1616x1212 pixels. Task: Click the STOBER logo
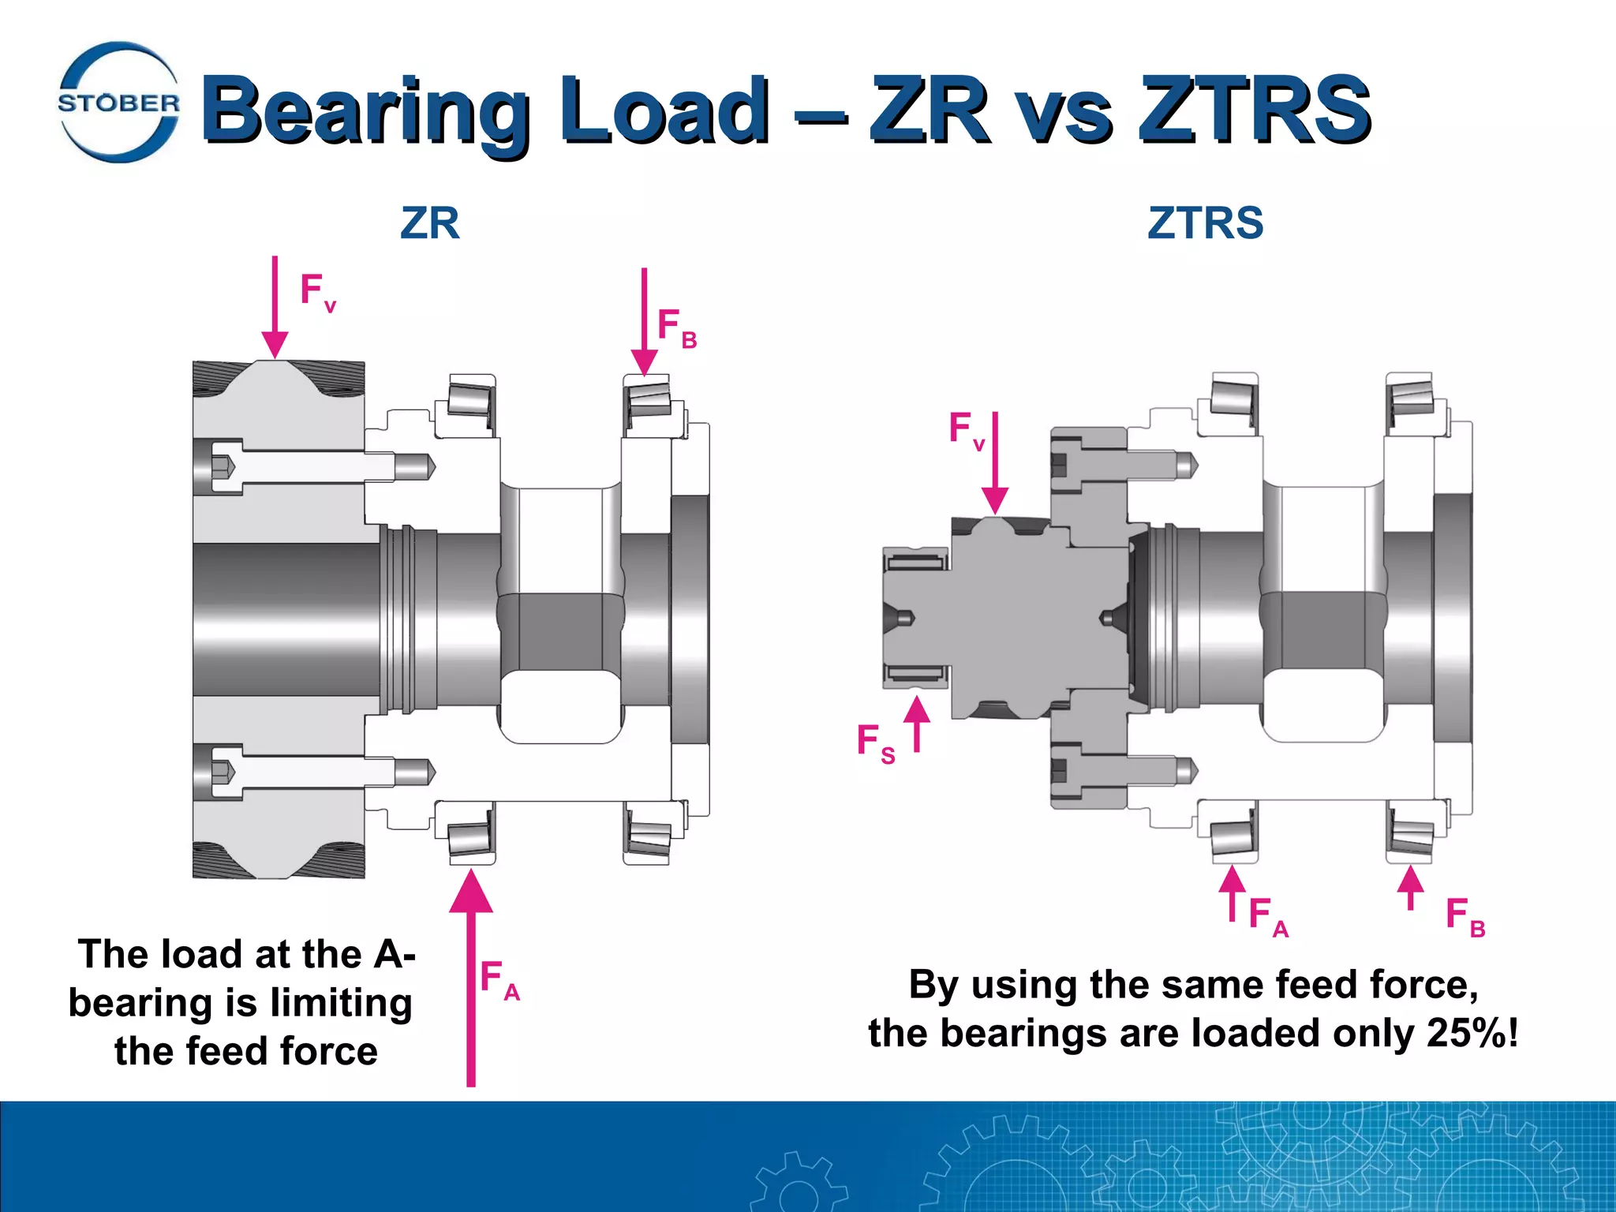coord(119,103)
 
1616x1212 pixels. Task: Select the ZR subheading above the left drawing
coord(429,223)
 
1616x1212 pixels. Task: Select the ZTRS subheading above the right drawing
coord(1205,223)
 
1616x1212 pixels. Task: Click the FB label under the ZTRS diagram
coord(1464,917)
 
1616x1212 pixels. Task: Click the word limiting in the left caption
coord(341,1003)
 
